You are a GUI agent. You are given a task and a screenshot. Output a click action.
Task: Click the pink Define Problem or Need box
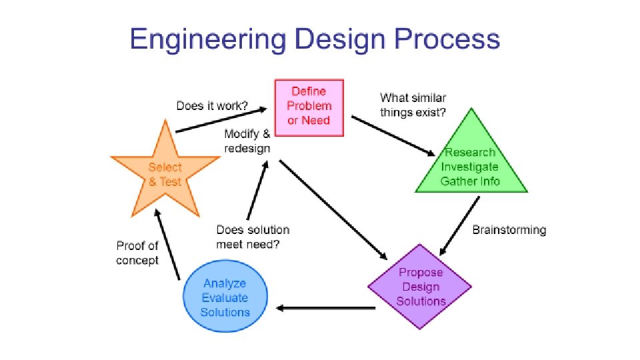pos(309,107)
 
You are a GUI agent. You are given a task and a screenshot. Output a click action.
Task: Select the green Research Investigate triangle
pos(471,166)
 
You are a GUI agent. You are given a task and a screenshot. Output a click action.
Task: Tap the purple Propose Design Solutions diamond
pos(420,287)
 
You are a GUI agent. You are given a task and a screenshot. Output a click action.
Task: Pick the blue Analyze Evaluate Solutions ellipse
pos(225,298)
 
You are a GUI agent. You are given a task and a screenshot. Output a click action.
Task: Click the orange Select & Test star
pos(165,173)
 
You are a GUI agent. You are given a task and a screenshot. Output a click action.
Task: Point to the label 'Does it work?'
pos(211,105)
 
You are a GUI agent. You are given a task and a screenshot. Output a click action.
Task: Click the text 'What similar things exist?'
pos(413,105)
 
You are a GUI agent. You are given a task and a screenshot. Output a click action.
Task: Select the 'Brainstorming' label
pos(509,230)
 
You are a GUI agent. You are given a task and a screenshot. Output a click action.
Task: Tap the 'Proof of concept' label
pos(137,253)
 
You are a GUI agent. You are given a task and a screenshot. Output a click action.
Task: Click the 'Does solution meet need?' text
pos(253,237)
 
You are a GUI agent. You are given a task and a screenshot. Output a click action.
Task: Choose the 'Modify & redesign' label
pos(247,141)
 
